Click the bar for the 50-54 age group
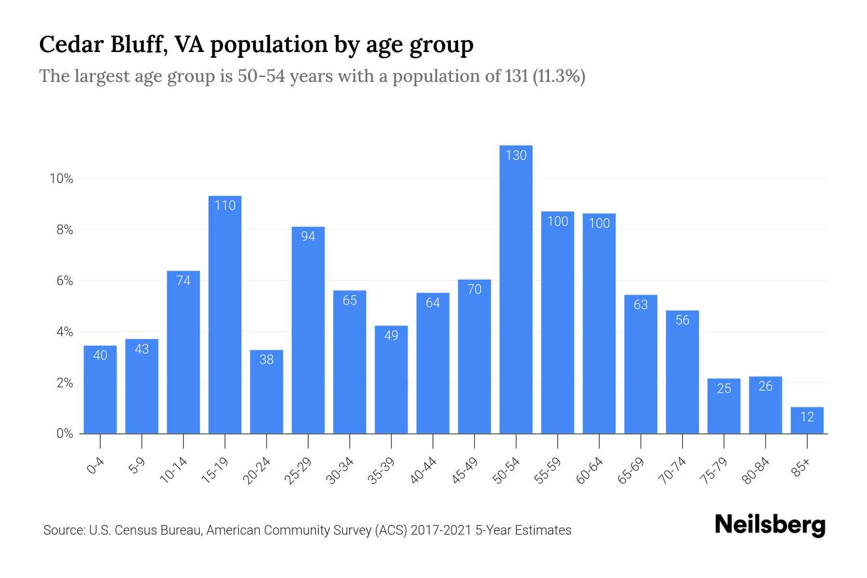point(516,289)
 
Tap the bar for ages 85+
point(807,420)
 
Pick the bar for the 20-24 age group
point(266,392)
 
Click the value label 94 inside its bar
point(308,236)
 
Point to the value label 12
point(807,417)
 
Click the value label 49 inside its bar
point(391,335)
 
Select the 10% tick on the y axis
point(61,179)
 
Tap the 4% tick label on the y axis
point(65,332)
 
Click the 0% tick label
point(65,433)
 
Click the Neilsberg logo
point(770,525)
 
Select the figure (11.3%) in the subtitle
point(559,76)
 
